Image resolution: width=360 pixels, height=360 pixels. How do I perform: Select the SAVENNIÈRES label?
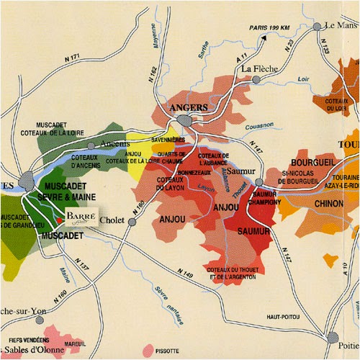click(x=169, y=141)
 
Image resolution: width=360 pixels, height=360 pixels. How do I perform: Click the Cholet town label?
click(x=114, y=220)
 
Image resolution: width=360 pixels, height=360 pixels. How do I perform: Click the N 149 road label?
click(x=184, y=274)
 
